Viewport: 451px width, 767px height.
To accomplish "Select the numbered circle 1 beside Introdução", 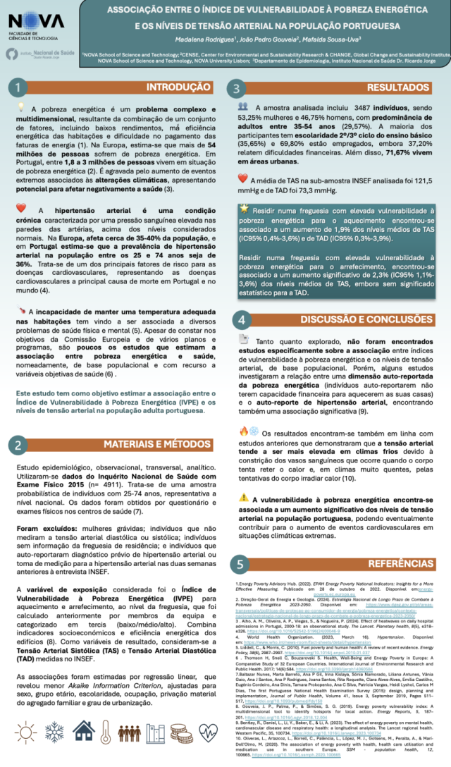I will pos(19,87).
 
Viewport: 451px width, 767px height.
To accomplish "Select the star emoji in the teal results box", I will pos(244,209).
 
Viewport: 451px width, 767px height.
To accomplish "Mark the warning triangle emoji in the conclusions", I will pos(243,497).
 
